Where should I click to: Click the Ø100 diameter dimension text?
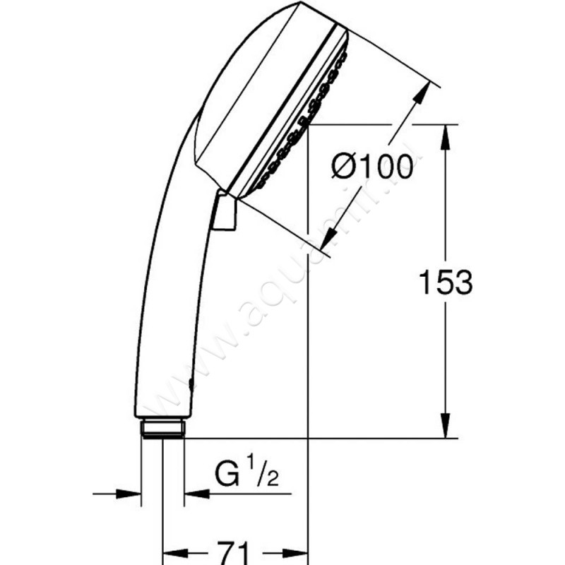(x=373, y=167)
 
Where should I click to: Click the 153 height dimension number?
(x=445, y=282)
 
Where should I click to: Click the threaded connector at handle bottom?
(x=163, y=428)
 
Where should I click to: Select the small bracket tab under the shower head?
(x=225, y=212)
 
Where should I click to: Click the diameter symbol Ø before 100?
(x=345, y=168)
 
